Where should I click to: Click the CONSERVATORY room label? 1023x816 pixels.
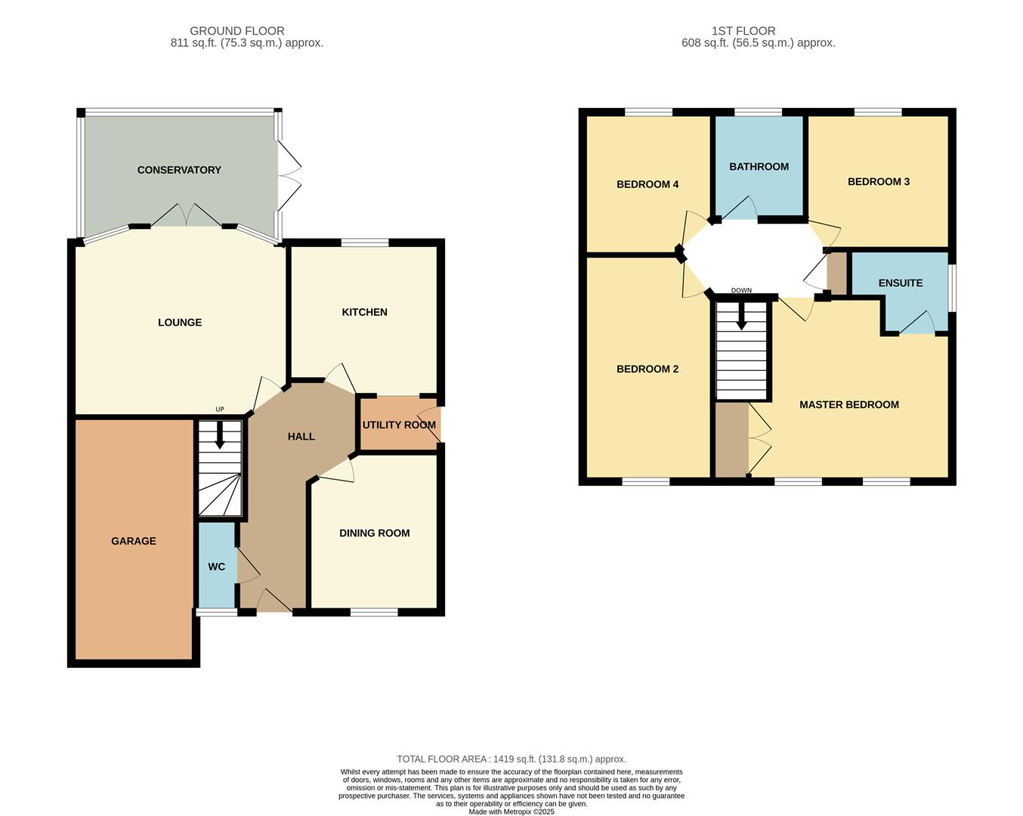point(179,170)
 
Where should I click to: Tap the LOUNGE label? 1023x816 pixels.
point(180,323)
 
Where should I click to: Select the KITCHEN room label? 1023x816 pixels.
point(364,312)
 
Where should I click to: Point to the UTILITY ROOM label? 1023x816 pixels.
point(399,425)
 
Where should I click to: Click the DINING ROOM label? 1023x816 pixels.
point(374,533)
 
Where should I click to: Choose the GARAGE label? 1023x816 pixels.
point(134,541)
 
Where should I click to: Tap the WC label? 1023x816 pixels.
point(216,567)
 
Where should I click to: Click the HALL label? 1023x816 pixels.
point(301,437)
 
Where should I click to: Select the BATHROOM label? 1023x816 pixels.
point(759,167)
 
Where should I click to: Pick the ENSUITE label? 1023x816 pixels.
point(900,283)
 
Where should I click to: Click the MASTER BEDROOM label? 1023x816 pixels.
point(849,405)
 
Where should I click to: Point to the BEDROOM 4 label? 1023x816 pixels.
point(647,184)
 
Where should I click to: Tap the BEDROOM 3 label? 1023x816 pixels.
point(878,182)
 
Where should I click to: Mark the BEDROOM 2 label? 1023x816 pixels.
point(647,369)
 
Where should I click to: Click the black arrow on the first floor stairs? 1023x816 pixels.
point(742,316)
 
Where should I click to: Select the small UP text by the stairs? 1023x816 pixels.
point(220,410)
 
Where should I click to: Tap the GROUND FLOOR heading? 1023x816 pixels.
point(237,31)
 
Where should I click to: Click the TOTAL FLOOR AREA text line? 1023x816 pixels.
point(511,759)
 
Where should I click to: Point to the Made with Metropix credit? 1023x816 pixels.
point(511,812)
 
